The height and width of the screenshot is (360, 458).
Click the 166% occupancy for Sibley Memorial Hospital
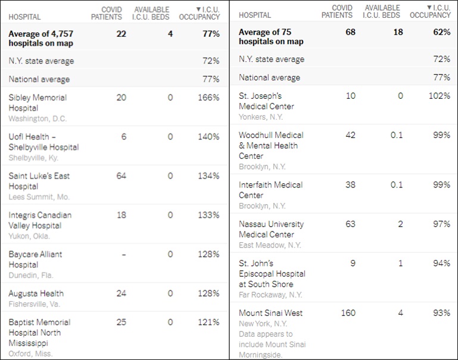pos(208,98)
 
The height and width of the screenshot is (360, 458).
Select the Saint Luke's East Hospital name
pos(39,181)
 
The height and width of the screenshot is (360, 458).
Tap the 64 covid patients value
pos(121,176)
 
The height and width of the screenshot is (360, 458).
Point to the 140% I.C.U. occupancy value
pos(208,137)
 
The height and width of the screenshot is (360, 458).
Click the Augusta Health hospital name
pos(36,293)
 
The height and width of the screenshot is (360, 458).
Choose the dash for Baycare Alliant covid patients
pos(123,255)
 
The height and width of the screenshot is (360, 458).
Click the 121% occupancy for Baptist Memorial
pos(208,323)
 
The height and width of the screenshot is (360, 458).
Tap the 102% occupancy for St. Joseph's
pos(438,96)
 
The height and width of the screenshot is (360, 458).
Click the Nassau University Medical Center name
pos(271,229)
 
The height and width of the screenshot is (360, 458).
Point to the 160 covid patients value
pos(348,313)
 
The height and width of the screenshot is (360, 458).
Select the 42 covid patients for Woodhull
pos(350,135)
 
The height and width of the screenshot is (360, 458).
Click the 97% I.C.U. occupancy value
pos(441,224)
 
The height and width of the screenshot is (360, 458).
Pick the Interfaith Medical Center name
pos(270,190)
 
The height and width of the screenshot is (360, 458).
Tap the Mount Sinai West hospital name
pos(270,313)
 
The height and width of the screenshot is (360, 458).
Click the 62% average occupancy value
pos(441,32)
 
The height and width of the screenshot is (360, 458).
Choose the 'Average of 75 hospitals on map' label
pos(271,37)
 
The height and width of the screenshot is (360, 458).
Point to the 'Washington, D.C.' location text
pos(38,118)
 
